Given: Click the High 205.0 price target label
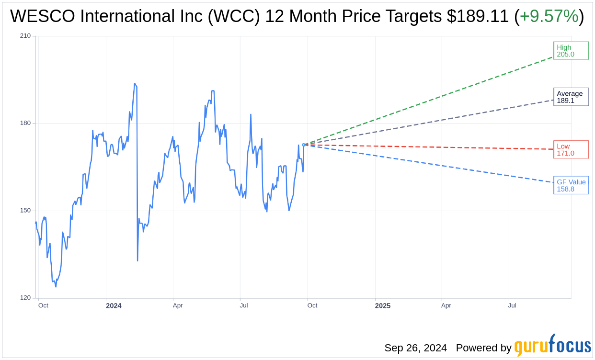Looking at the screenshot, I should (x=571, y=51).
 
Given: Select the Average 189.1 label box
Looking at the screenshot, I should (x=571, y=97).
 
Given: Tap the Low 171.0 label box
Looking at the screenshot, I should (x=571, y=149).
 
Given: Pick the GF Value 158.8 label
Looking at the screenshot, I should (x=571, y=185).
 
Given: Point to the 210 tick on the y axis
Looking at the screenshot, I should (x=25, y=36).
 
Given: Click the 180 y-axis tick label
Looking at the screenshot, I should (x=25, y=123).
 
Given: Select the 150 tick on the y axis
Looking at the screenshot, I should (x=25, y=211).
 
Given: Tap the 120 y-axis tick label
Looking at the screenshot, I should (x=25, y=298).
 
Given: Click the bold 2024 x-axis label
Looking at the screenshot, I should (x=114, y=306).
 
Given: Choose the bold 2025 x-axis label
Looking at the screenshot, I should (x=383, y=306).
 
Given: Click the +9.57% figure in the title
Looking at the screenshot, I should (x=549, y=17).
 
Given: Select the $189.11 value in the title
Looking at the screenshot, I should (x=478, y=17).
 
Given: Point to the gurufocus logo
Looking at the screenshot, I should (x=552, y=346).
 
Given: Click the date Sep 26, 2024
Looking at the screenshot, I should (x=415, y=348).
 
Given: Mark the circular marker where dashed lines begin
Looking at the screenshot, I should (x=304, y=145).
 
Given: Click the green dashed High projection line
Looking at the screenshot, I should (x=431, y=101).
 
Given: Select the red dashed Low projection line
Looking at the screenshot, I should (x=431, y=147).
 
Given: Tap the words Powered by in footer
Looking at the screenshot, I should (x=483, y=348).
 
